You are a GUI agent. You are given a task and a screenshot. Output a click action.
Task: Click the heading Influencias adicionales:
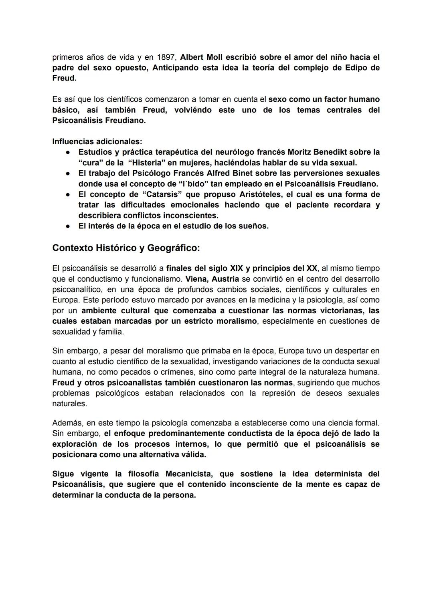coord(97,141)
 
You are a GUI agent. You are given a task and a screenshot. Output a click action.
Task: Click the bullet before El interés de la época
coord(69,226)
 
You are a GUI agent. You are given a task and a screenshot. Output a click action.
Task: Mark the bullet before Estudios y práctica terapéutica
coord(69,152)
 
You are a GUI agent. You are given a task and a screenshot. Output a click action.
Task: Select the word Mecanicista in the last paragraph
coord(188,474)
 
